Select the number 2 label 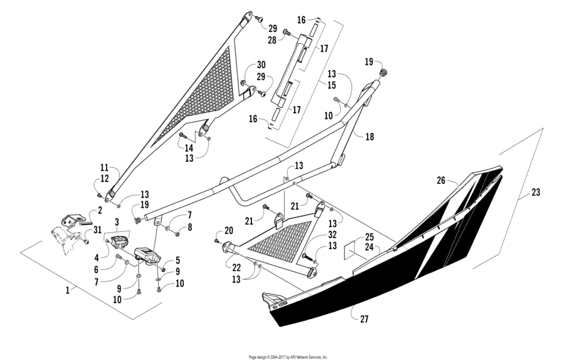pyautogui.click(x=100, y=210)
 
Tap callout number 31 pyautogui.click(x=98, y=231)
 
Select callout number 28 pyautogui.click(x=273, y=40)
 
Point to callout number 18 pyautogui.click(x=369, y=138)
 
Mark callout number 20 pyautogui.click(x=228, y=231)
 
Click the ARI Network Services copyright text pyautogui.click(x=288, y=355)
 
